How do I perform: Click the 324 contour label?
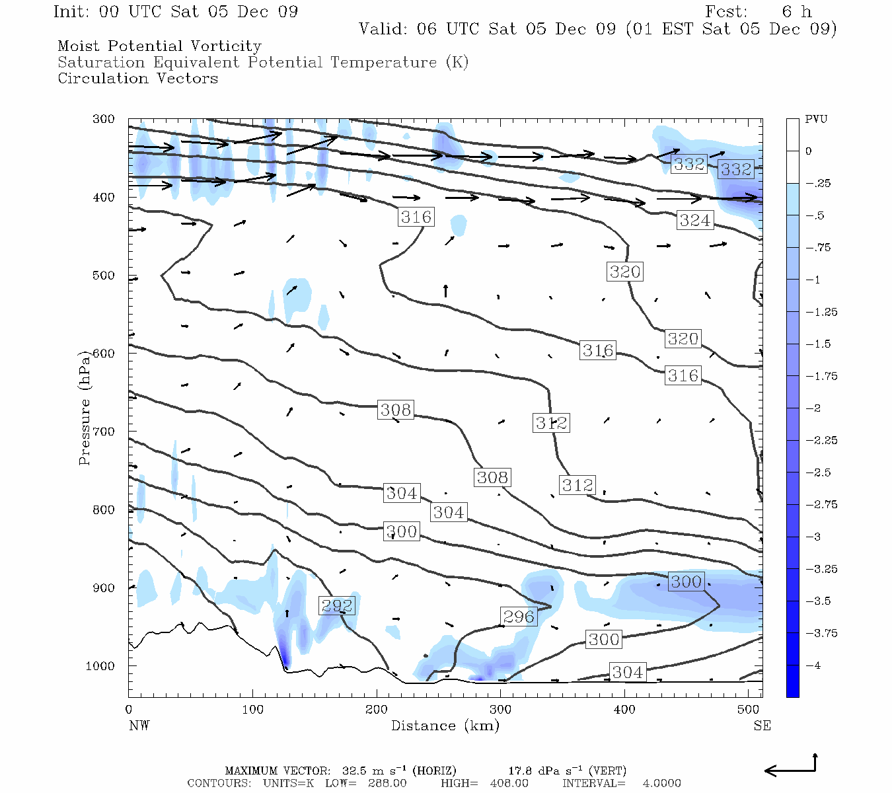(x=694, y=220)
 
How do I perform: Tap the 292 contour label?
(x=336, y=605)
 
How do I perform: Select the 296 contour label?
(x=518, y=617)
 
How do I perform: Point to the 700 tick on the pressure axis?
(x=103, y=432)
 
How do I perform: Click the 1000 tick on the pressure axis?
(x=100, y=666)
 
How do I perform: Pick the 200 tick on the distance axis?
(x=377, y=710)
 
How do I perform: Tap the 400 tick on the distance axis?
(x=624, y=710)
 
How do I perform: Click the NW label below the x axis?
(x=139, y=726)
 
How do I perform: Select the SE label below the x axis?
(x=762, y=726)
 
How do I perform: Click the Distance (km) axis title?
(x=445, y=726)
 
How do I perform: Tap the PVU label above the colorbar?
(x=816, y=120)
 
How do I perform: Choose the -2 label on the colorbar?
(x=813, y=408)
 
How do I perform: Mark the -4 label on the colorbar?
(x=813, y=665)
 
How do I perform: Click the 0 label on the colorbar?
(x=808, y=151)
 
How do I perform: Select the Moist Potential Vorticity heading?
(x=159, y=46)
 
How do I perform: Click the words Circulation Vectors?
(x=137, y=78)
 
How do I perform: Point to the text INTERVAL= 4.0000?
(x=621, y=783)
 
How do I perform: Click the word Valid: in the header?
(x=383, y=29)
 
